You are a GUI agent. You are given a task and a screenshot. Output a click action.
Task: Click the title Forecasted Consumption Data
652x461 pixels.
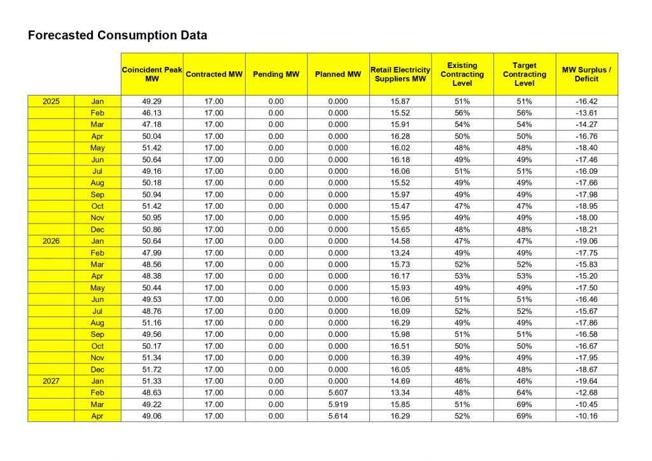117,36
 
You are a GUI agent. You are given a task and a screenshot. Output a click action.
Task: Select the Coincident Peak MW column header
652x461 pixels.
152,74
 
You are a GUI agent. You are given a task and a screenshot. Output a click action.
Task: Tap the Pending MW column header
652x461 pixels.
276,74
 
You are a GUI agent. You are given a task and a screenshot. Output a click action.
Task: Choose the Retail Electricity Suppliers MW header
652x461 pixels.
400,74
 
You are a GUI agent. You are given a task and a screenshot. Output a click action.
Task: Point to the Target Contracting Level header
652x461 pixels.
524,74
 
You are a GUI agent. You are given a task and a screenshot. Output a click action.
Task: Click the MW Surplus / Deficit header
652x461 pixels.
586,74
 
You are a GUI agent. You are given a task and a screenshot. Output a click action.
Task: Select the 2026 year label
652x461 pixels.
51,241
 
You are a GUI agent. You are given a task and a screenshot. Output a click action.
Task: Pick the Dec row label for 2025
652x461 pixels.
97,229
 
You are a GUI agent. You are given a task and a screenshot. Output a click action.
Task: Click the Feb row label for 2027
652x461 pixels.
97,393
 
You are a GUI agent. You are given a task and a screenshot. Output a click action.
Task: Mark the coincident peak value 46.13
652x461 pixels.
152,113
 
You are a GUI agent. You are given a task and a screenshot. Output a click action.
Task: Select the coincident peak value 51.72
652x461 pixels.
152,369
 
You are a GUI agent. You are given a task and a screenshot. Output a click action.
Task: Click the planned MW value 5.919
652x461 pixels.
338,404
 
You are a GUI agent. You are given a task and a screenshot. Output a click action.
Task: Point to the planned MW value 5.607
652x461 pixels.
338,393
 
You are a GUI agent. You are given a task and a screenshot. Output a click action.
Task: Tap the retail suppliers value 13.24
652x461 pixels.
400,253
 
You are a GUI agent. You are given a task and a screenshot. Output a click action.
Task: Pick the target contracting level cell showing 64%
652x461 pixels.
524,393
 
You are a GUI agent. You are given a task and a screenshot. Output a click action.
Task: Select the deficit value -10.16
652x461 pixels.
586,416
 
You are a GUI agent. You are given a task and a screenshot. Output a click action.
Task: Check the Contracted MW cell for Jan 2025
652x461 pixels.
214,101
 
